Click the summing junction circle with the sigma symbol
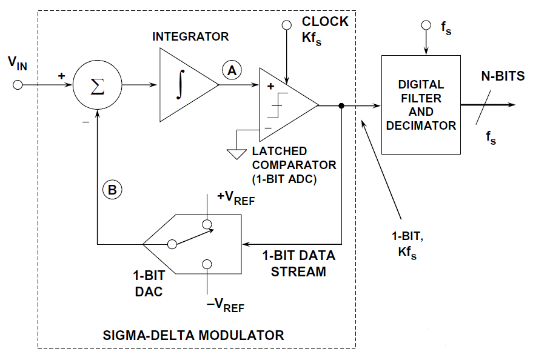click(97, 85)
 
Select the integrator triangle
click(184, 85)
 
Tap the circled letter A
click(230, 71)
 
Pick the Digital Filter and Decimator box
click(420, 105)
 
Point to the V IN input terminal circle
click(18, 85)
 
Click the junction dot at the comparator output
click(342, 105)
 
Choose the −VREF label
click(226, 305)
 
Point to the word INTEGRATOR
click(190, 37)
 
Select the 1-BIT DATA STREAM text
click(298, 263)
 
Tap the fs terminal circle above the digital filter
click(426, 25)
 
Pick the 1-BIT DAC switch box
click(194, 244)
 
